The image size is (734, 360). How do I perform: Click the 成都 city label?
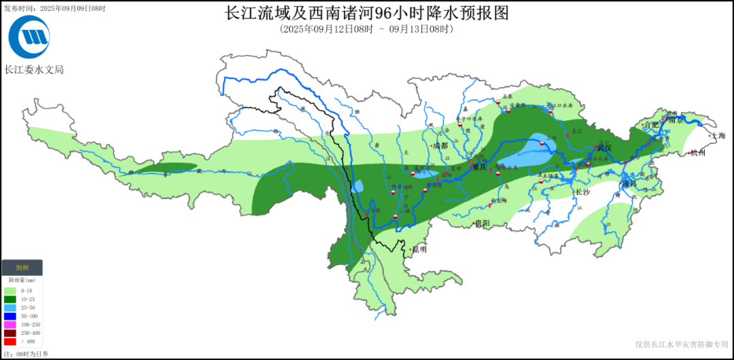click(x=440, y=145)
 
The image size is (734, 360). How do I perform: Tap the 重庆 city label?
click(x=480, y=167)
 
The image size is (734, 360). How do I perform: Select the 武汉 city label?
click(x=604, y=147)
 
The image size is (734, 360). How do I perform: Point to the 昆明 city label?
click(x=419, y=249)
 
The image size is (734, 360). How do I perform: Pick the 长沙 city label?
click(x=582, y=192)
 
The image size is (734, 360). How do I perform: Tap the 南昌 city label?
click(x=630, y=184)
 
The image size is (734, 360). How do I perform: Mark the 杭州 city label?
click(x=698, y=153)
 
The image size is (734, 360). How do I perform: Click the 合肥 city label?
click(x=651, y=124)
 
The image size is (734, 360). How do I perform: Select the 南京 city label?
click(x=675, y=120)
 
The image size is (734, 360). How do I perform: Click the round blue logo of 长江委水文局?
click(x=29, y=37)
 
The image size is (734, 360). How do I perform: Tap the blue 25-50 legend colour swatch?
click(x=10, y=308)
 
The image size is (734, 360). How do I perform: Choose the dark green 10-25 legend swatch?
click(x=10, y=299)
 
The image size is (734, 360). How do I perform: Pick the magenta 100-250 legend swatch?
click(x=10, y=325)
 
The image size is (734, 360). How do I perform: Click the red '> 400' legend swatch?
click(x=10, y=342)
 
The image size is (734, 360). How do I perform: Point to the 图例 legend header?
click(x=22, y=268)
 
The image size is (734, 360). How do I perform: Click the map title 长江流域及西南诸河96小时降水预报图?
click(x=366, y=13)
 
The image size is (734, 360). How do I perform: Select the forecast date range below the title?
click(x=366, y=29)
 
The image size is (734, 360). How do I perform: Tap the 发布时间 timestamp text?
click(x=54, y=8)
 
